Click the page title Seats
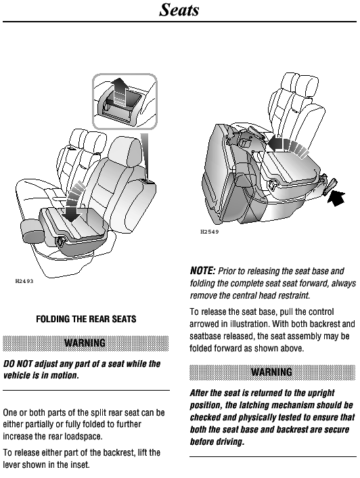(x=179, y=9)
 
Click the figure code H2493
(x=24, y=281)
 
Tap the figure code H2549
(x=210, y=232)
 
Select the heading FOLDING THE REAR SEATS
(x=86, y=319)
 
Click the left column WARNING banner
(x=85, y=343)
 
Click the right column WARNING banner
(x=272, y=372)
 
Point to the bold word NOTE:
(x=202, y=271)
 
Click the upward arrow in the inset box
(x=119, y=91)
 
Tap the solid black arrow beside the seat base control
(x=336, y=198)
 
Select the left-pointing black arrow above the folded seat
(x=288, y=145)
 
